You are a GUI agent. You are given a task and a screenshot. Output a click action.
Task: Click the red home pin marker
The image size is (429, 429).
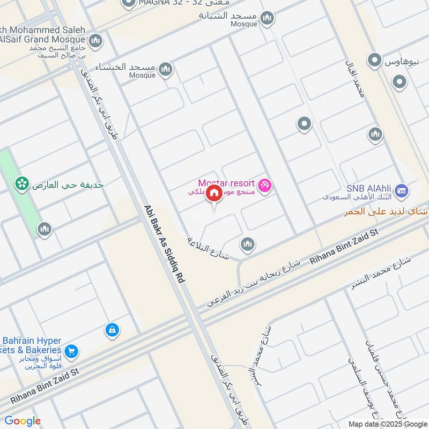point(213,193)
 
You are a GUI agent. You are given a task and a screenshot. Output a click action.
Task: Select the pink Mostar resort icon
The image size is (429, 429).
point(265,186)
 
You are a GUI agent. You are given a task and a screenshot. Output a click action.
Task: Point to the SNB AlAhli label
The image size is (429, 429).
point(369,188)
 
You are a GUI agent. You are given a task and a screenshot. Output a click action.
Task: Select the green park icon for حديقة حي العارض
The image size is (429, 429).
point(22,184)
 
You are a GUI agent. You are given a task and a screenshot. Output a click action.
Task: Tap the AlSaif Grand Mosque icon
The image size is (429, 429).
point(95,40)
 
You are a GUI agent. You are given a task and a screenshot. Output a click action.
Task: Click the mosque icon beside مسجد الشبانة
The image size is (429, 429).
point(267,20)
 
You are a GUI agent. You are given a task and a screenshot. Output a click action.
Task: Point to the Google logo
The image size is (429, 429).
point(23,421)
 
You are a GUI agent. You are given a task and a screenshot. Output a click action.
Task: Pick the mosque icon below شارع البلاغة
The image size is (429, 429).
point(247,244)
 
